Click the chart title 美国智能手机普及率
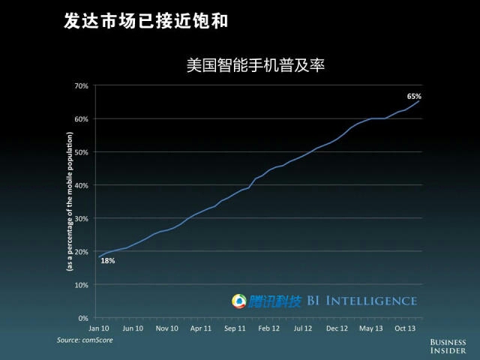coord(255,65)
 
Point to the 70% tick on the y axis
coord(81,85)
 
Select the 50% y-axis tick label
coord(81,152)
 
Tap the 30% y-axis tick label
coord(81,218)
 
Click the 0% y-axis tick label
coord(83,318)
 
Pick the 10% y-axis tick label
coord(81,285)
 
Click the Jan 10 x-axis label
coord(98,328)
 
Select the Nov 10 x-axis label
coord(166,328)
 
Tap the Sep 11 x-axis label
coord(235,328)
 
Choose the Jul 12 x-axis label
coord(303,328)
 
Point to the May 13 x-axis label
coord(370,328)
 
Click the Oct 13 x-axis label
coord(406,328)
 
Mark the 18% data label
coord(107,261)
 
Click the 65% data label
coord(414,96)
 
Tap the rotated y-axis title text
coord(69,201)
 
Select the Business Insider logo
coord(448,345)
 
